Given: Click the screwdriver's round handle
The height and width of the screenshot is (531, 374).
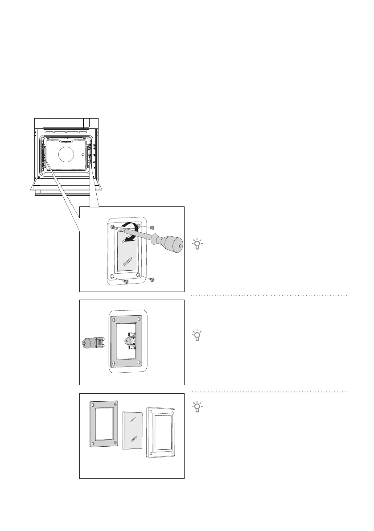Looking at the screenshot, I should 173,243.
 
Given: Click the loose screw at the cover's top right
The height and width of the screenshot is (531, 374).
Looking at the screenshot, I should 152,227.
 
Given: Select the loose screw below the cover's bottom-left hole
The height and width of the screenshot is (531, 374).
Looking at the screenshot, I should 127,282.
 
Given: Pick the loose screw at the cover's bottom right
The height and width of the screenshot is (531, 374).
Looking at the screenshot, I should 152,279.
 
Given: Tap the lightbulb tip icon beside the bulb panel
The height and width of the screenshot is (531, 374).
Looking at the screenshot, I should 197,335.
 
